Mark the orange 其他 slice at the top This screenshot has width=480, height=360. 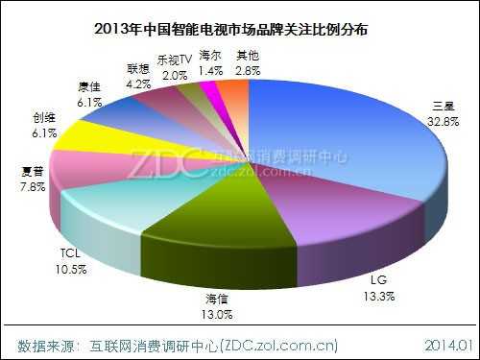pos(233,94)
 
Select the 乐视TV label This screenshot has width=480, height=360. pos(175,60)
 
